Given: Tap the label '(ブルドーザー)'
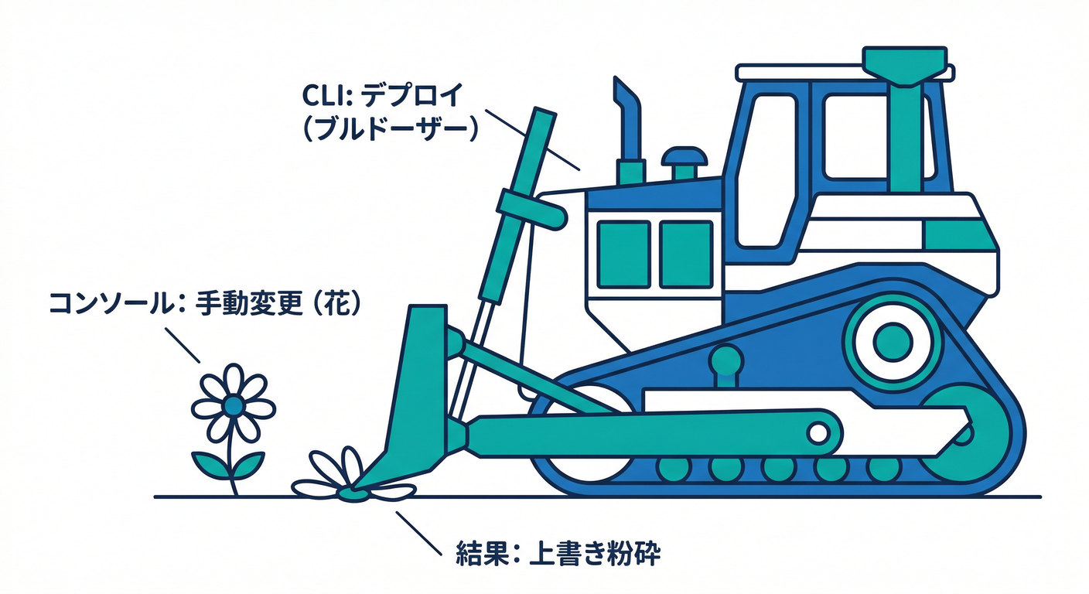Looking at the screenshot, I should click(x=387, y=128).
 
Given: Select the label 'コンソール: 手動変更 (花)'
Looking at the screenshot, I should click(x=205, y=302).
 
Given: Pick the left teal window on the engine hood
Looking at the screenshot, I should click(x=623, y=253).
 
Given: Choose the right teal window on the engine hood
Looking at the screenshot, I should click(x=685, y=253).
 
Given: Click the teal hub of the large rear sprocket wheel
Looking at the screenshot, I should click(x=895, y=339).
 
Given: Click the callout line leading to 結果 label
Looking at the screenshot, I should click(x=421, y=534).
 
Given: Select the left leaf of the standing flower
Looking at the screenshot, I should click(x=210, y=464).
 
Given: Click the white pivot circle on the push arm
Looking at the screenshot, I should click(x=818, y=432).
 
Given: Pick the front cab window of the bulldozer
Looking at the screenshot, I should click(x=766, y=174).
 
